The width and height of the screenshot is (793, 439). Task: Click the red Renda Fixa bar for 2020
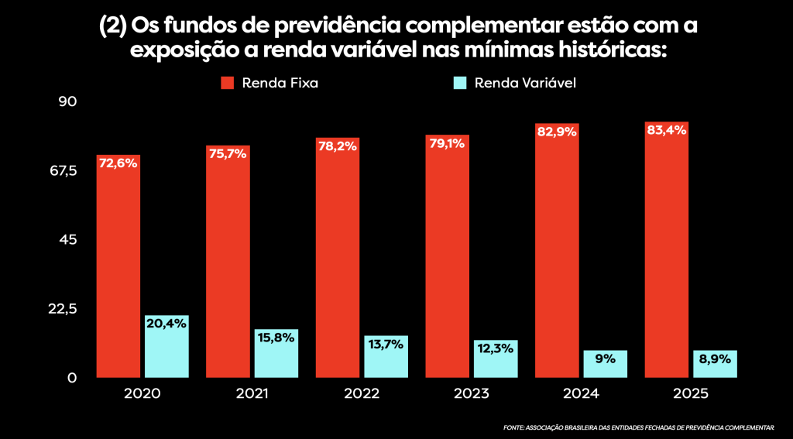click(118, 271)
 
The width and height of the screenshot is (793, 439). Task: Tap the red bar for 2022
click(338, 263)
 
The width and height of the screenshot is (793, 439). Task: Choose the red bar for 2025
click(667, 256)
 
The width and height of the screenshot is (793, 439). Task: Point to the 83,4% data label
click(667, 130)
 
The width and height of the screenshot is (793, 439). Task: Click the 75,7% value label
click(228, 153)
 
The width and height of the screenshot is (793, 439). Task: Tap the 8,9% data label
click(715, 358)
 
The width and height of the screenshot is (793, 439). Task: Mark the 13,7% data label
click(386, 344)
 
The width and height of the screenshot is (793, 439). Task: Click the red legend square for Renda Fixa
click(228, 83)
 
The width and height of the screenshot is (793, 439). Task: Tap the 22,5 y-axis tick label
click(63, 309)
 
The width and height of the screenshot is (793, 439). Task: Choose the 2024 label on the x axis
click(581, 393)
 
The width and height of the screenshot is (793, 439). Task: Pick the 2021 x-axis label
click(251, 393)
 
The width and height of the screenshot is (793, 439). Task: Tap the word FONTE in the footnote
click(513, 427)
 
